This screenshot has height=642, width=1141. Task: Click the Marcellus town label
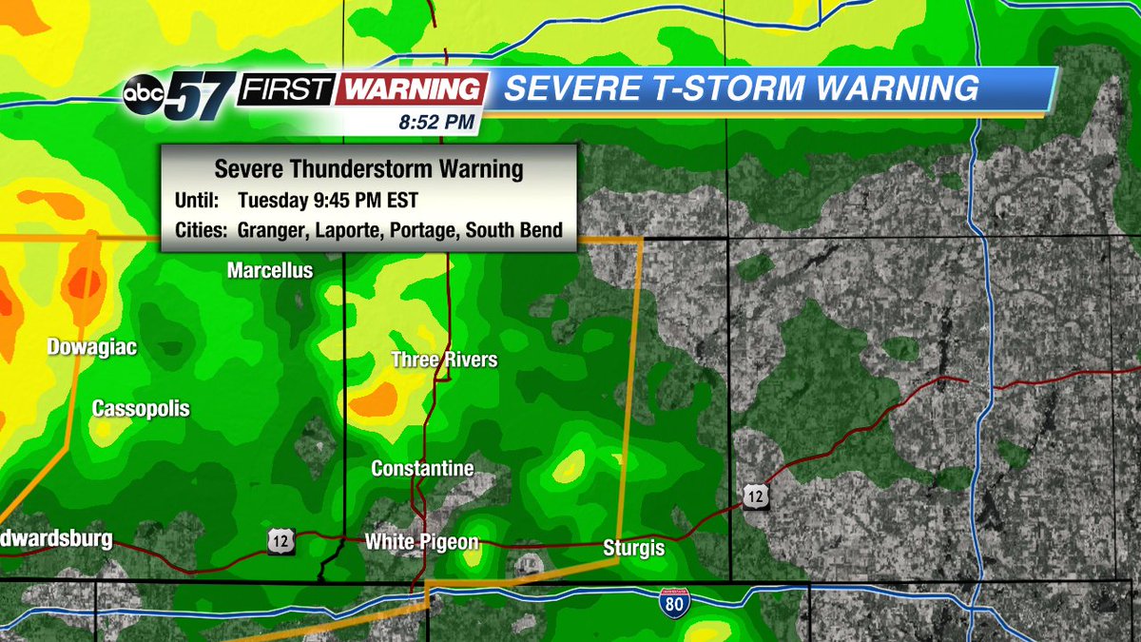point(270,271)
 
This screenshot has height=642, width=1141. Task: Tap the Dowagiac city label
point(92,348)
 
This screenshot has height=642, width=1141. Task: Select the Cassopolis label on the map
point(141,409)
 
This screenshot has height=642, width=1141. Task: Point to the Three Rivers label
point(444,360)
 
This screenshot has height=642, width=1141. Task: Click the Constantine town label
point(422,469)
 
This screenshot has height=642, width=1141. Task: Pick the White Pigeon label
point(421,542)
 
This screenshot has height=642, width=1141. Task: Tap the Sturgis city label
point(634,549)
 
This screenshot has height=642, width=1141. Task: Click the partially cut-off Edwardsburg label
point(56,540)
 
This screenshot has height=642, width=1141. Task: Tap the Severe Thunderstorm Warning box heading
point(369,169)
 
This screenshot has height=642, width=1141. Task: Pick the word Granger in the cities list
point(270,230)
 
